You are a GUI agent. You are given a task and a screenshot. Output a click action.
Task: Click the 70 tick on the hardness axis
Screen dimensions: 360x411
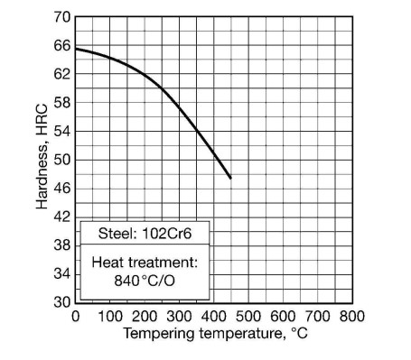point(61,17)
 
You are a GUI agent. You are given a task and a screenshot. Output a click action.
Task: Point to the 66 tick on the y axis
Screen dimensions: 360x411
point(61,46)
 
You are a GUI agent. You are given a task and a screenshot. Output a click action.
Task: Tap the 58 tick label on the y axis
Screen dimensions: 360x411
point(61,103)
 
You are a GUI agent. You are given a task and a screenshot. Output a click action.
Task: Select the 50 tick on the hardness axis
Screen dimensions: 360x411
point(61,160)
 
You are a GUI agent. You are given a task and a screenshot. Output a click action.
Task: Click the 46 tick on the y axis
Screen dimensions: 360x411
point(61,188)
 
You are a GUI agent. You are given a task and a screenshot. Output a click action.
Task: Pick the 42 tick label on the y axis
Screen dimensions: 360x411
point(61,217)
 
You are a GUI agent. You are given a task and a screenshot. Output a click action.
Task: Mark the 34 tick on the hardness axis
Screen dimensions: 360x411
point(61,273)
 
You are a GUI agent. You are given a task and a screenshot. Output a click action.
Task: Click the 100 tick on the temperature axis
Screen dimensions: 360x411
point(109,316)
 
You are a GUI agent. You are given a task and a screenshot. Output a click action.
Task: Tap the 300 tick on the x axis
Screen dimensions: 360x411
point(179,316)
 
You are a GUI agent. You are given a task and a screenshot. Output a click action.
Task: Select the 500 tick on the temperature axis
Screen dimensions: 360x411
point(248,316)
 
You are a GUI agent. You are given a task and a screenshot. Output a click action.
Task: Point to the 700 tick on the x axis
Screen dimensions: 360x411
point(318,316)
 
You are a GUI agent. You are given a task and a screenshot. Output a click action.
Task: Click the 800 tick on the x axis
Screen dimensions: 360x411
point(352,316)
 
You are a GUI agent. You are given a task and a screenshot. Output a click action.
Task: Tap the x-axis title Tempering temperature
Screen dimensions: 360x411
point(214,334)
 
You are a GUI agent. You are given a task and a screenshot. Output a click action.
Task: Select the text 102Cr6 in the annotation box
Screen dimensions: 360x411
point(165,233)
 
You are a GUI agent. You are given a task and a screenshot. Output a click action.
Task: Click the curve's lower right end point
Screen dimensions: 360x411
point(230,178)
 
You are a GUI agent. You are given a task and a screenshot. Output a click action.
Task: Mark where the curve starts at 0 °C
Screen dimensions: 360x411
point(76,49)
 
